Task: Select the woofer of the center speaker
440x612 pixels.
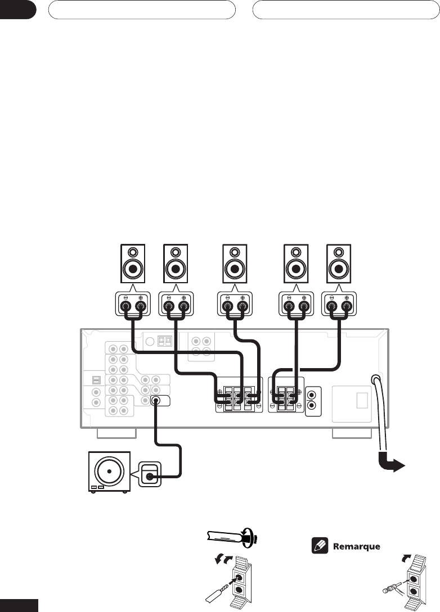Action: point(235,269)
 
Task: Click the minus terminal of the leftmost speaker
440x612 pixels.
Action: point(126,307)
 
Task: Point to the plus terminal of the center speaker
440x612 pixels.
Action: point(243,307)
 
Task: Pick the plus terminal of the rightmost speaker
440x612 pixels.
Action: point(346,307)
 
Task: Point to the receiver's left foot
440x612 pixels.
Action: point(116,433)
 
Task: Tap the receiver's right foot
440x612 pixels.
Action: point(352,433)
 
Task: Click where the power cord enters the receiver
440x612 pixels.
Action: point(375,379)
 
